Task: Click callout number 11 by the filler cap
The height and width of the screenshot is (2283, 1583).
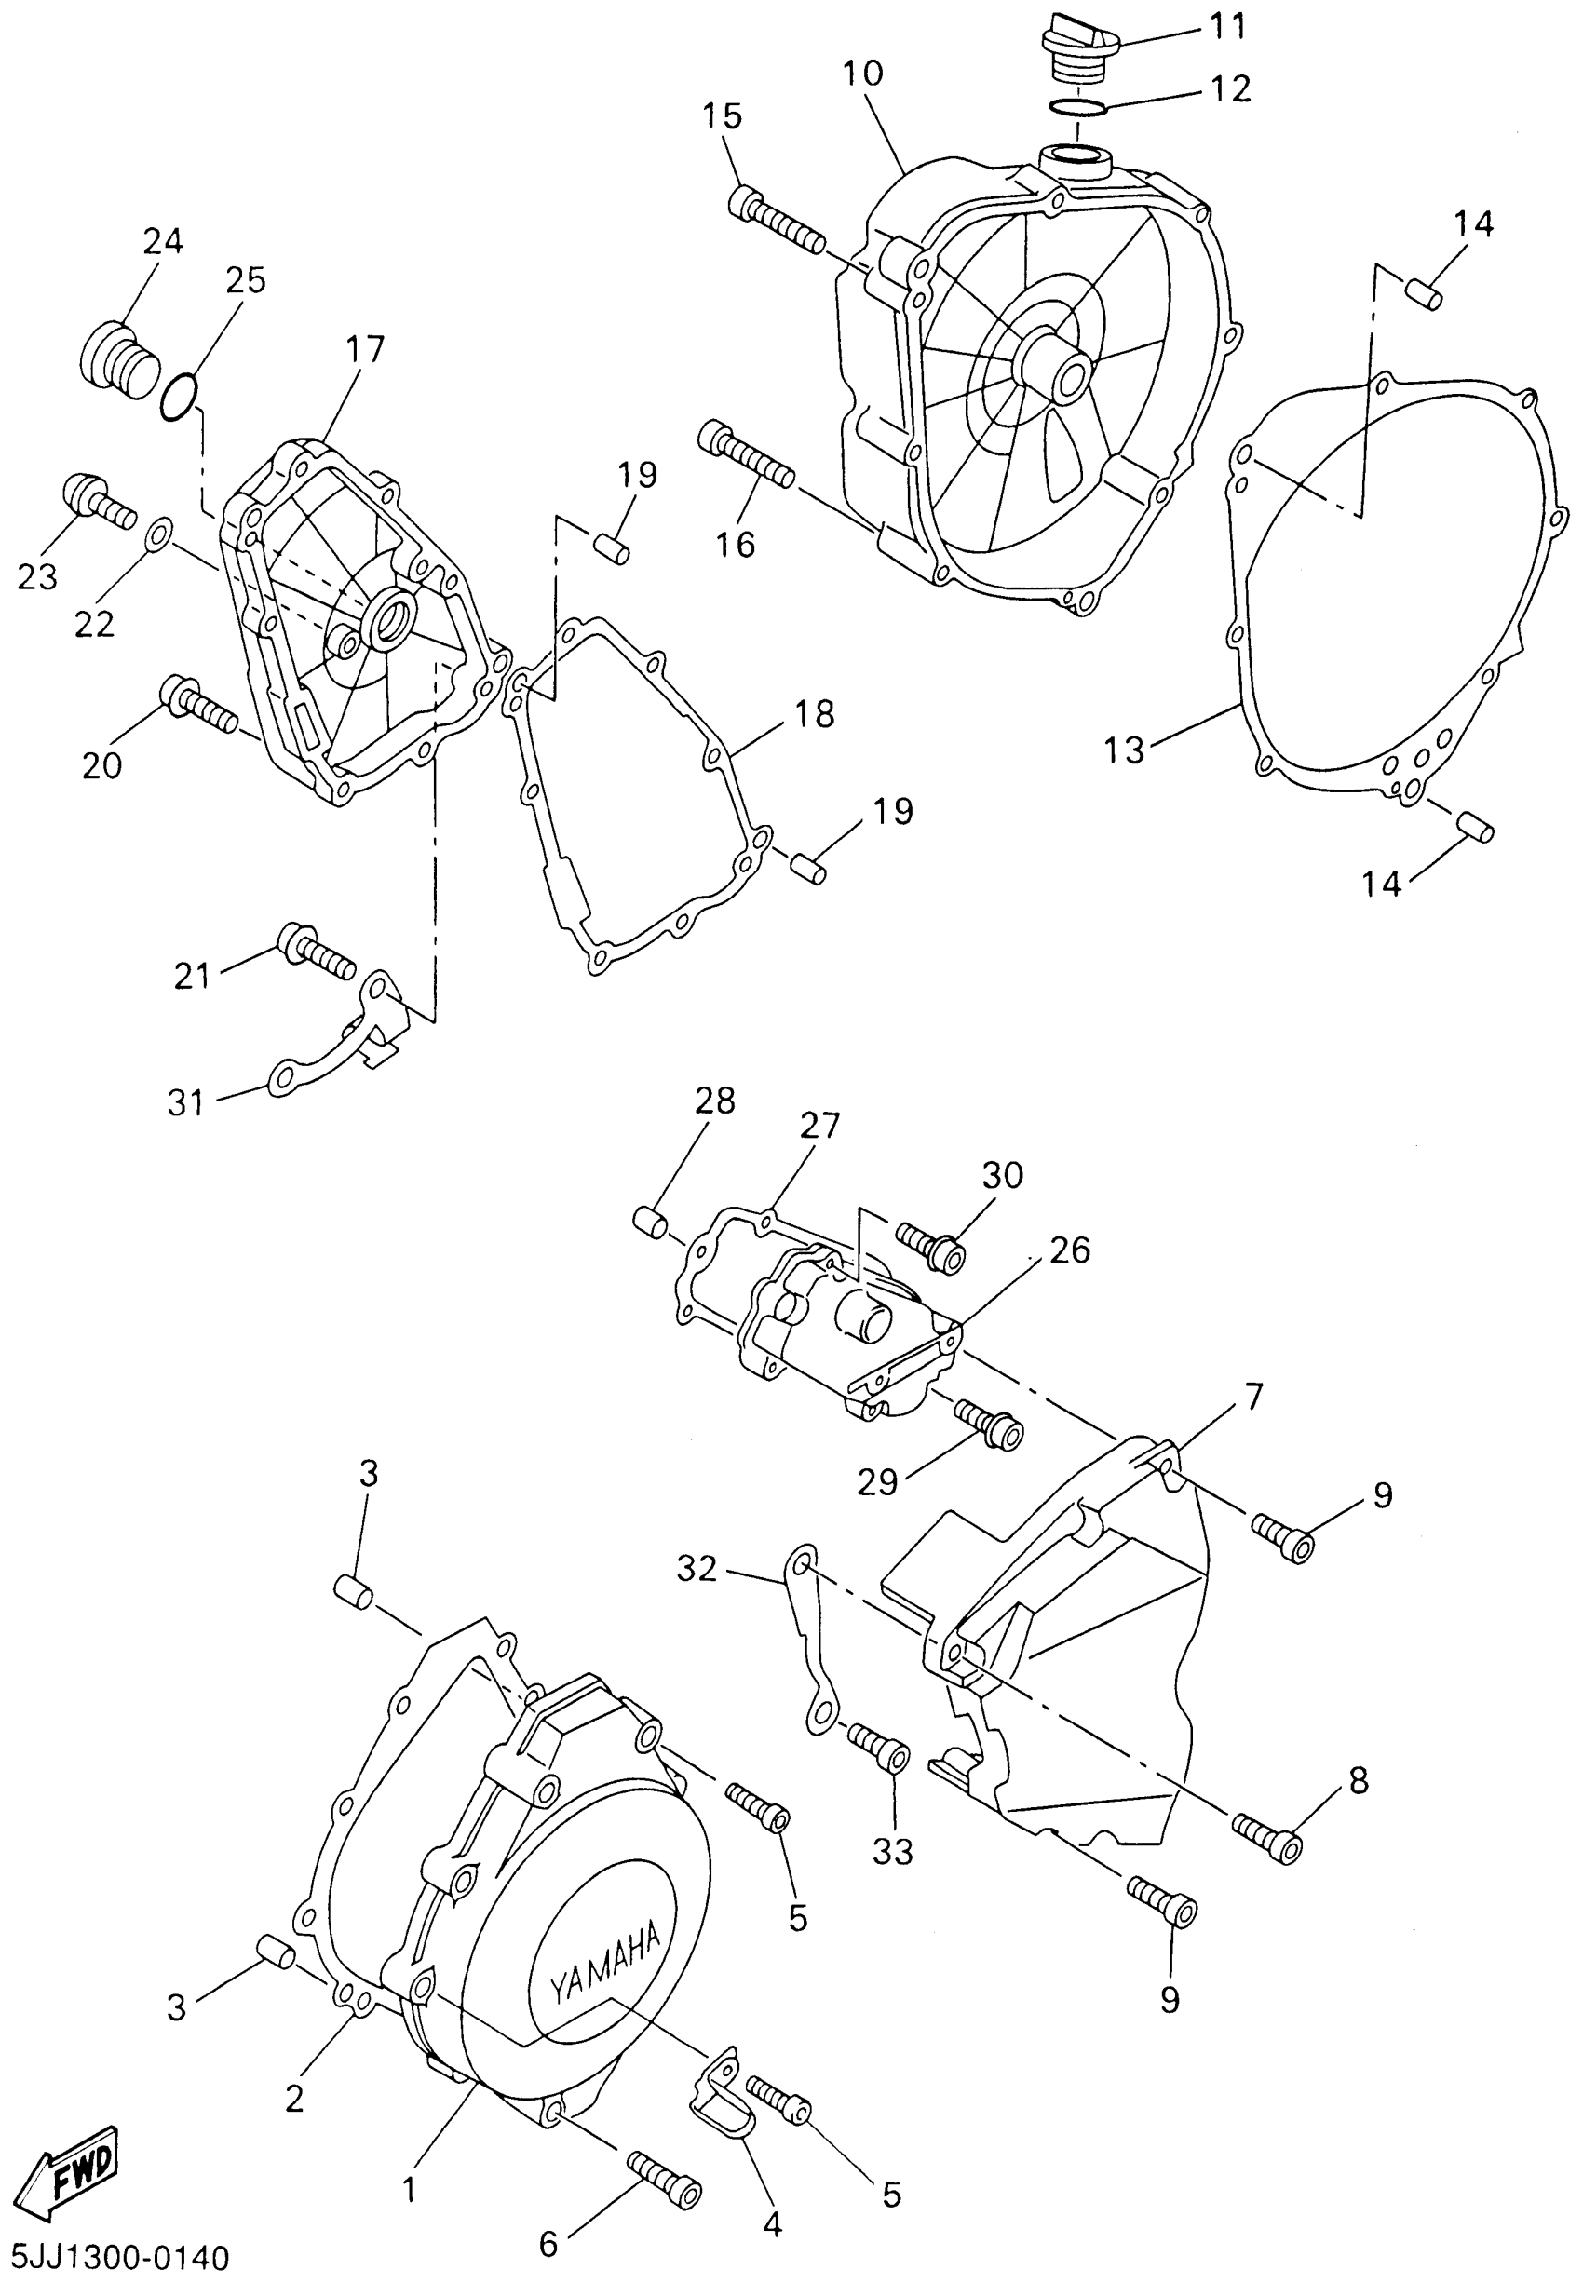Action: [1228, 27]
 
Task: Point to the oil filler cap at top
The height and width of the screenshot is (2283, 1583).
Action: [1079, 45]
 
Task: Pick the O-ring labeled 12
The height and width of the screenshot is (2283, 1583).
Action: [1079, 106]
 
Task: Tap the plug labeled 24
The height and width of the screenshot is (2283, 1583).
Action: [117, 355]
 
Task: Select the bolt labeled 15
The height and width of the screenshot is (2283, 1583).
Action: [777, 222]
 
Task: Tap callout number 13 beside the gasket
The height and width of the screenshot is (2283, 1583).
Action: [1125, 750]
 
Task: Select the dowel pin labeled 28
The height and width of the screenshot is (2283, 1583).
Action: [650, 1221]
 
